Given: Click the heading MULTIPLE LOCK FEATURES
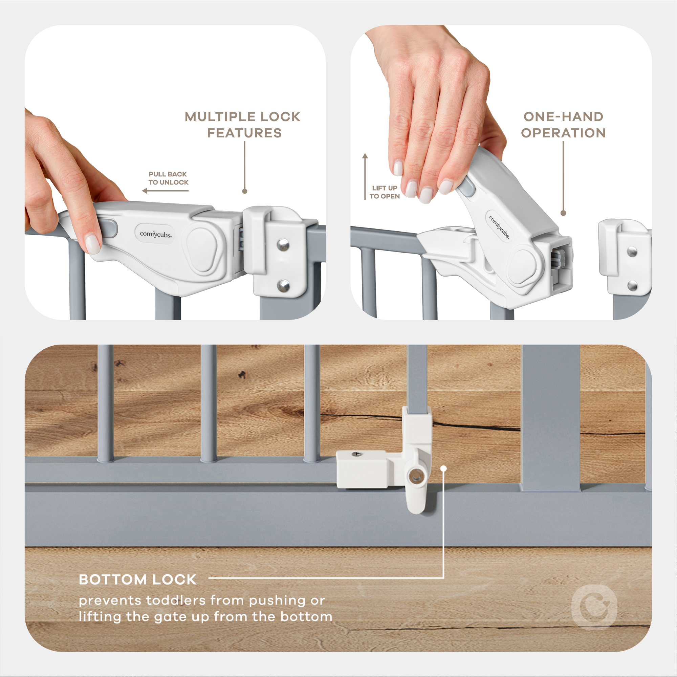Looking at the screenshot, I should [243, 125].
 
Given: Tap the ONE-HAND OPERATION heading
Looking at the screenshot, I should [563, 125].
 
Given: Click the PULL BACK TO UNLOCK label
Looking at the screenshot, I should [168, 178].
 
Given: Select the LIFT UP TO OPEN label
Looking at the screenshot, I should [385, 192].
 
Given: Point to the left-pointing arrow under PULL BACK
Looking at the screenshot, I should [165, 191].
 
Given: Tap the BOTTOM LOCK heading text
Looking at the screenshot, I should [137, 580].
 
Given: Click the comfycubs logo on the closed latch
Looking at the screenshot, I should [156, 234].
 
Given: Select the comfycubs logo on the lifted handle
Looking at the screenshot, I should [499, 227].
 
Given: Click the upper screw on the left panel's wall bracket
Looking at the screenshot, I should [283, 244].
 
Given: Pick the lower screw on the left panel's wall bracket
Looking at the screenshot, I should [283, 286].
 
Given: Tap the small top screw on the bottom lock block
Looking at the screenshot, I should [357, 455].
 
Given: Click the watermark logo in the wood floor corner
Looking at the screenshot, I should [594, 607].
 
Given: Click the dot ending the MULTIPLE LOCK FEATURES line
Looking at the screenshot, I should [245, 191].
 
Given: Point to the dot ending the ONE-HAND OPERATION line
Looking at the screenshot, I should [564, 213].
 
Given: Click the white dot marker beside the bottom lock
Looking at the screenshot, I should [444, 468].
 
